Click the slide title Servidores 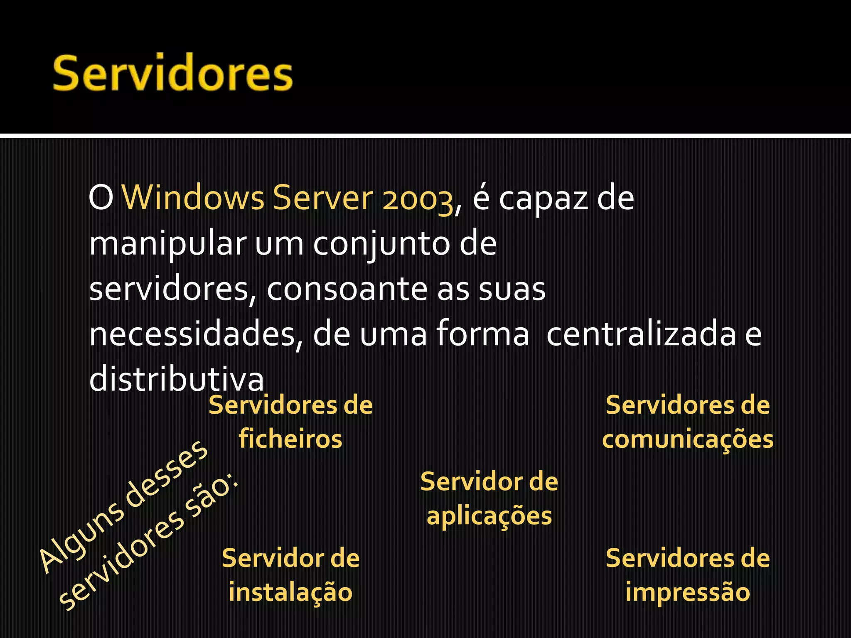click(173, 73)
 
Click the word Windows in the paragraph click(193, 198)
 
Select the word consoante click(347, 290)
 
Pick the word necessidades click(191, 334)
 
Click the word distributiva click(176, 379)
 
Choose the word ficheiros click(290, 439)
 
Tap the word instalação click(290, 593)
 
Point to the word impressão click(688, 593)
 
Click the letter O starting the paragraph click(101, 199)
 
